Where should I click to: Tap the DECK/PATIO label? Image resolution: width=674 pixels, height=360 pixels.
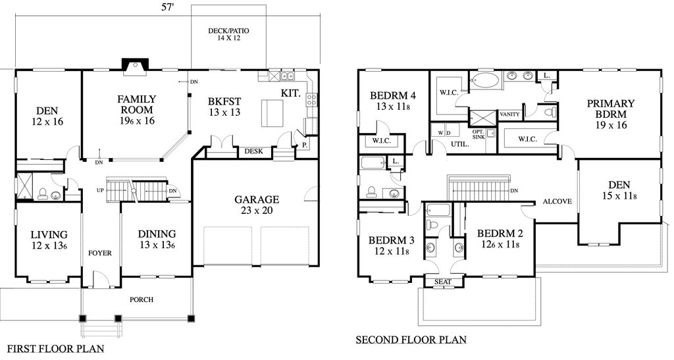click(228, 31)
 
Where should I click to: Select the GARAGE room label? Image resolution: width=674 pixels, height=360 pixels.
click(257, 200)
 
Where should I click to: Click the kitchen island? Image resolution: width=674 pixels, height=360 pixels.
click(272, 113)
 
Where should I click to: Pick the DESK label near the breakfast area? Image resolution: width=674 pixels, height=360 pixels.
click(253, 151)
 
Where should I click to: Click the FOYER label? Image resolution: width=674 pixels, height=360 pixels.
click(100, 253)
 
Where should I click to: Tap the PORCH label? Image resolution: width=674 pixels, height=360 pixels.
click(142, 299)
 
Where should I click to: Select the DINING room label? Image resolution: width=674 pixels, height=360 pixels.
click(157, 234)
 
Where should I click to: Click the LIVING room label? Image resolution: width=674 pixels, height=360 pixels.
click(49, 234)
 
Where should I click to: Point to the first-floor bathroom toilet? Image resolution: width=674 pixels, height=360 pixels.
click(43, 193)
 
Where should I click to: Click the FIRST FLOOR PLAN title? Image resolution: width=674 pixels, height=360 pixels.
click(56, 348)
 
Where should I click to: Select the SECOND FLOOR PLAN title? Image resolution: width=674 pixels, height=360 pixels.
click(411, 340)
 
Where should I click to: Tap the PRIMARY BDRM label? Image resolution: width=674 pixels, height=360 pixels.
click(611, 109)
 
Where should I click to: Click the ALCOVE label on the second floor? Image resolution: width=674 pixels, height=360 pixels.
click(557, 201)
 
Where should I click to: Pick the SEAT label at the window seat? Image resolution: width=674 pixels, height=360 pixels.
click(443, 282)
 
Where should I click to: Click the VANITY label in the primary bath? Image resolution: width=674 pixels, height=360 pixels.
click(510, 115)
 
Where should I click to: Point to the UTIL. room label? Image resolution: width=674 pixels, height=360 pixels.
click(459, 145)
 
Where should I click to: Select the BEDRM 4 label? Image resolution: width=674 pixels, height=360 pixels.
click(393, 95)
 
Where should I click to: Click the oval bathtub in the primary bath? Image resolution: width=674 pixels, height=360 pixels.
click(485, 80)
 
